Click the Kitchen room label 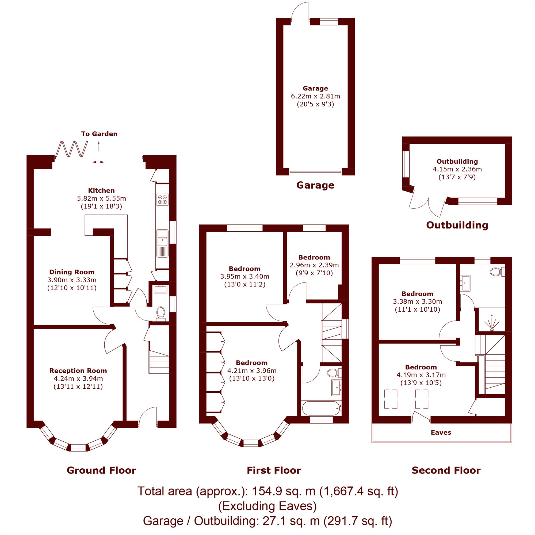[101, 190]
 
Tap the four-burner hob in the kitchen [162, 200]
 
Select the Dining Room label [72, 272]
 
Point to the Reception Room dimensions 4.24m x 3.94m [78, 379]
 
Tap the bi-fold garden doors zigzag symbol [71, 149]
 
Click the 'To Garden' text [99, 134]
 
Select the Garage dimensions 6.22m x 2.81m [315, 96]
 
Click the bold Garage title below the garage [315, 185]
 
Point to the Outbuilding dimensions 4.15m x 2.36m [457, 169]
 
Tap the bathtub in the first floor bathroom [321, 408]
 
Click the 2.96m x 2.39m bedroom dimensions [314, 265]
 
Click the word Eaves [441, 433]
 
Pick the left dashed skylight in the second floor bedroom [391, 399]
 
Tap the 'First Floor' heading [274, 471]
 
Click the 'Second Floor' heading [446, 471]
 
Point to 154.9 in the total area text [267, 491]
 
